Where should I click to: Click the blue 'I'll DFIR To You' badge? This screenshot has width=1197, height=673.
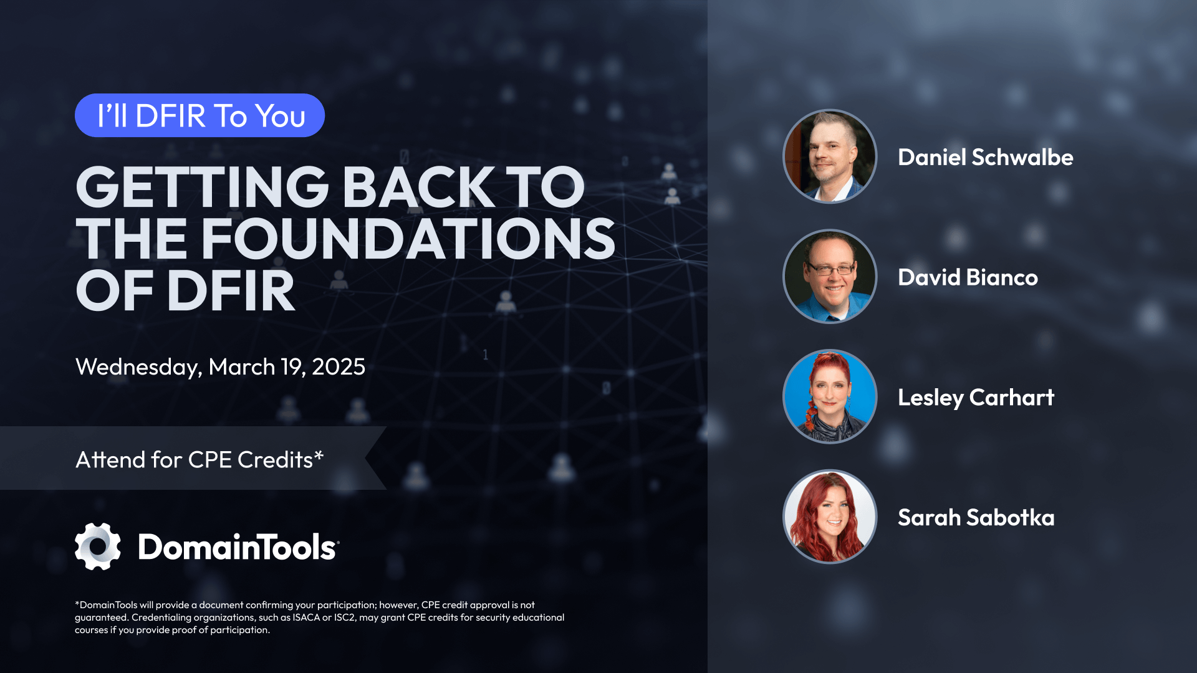[x=199, y=115]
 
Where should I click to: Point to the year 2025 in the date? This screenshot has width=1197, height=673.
[x=339, y=367]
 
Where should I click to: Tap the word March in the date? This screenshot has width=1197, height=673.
[x=241, y=367]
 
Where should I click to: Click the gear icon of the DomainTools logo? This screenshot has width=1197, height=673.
[x=98, y=547]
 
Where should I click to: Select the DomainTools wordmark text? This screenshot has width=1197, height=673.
[x=238, y=547]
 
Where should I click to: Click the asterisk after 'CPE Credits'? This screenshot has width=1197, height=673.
[x=319, y=456]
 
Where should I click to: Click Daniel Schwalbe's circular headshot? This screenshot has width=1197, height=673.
[x=830, y=156]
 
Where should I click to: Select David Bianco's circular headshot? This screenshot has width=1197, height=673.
[x=830, y=277]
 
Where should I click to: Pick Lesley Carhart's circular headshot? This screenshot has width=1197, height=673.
[x=830, y=396]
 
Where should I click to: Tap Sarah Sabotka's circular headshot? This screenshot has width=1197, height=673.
[x=830, y=517]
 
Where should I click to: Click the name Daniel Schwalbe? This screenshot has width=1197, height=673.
[x=985, y=157]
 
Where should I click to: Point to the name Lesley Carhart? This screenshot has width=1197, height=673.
[x=976, y=398]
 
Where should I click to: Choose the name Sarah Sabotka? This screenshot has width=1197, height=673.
[x=976, y=517]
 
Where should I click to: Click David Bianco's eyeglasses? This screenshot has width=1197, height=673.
[x=830, y=269]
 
